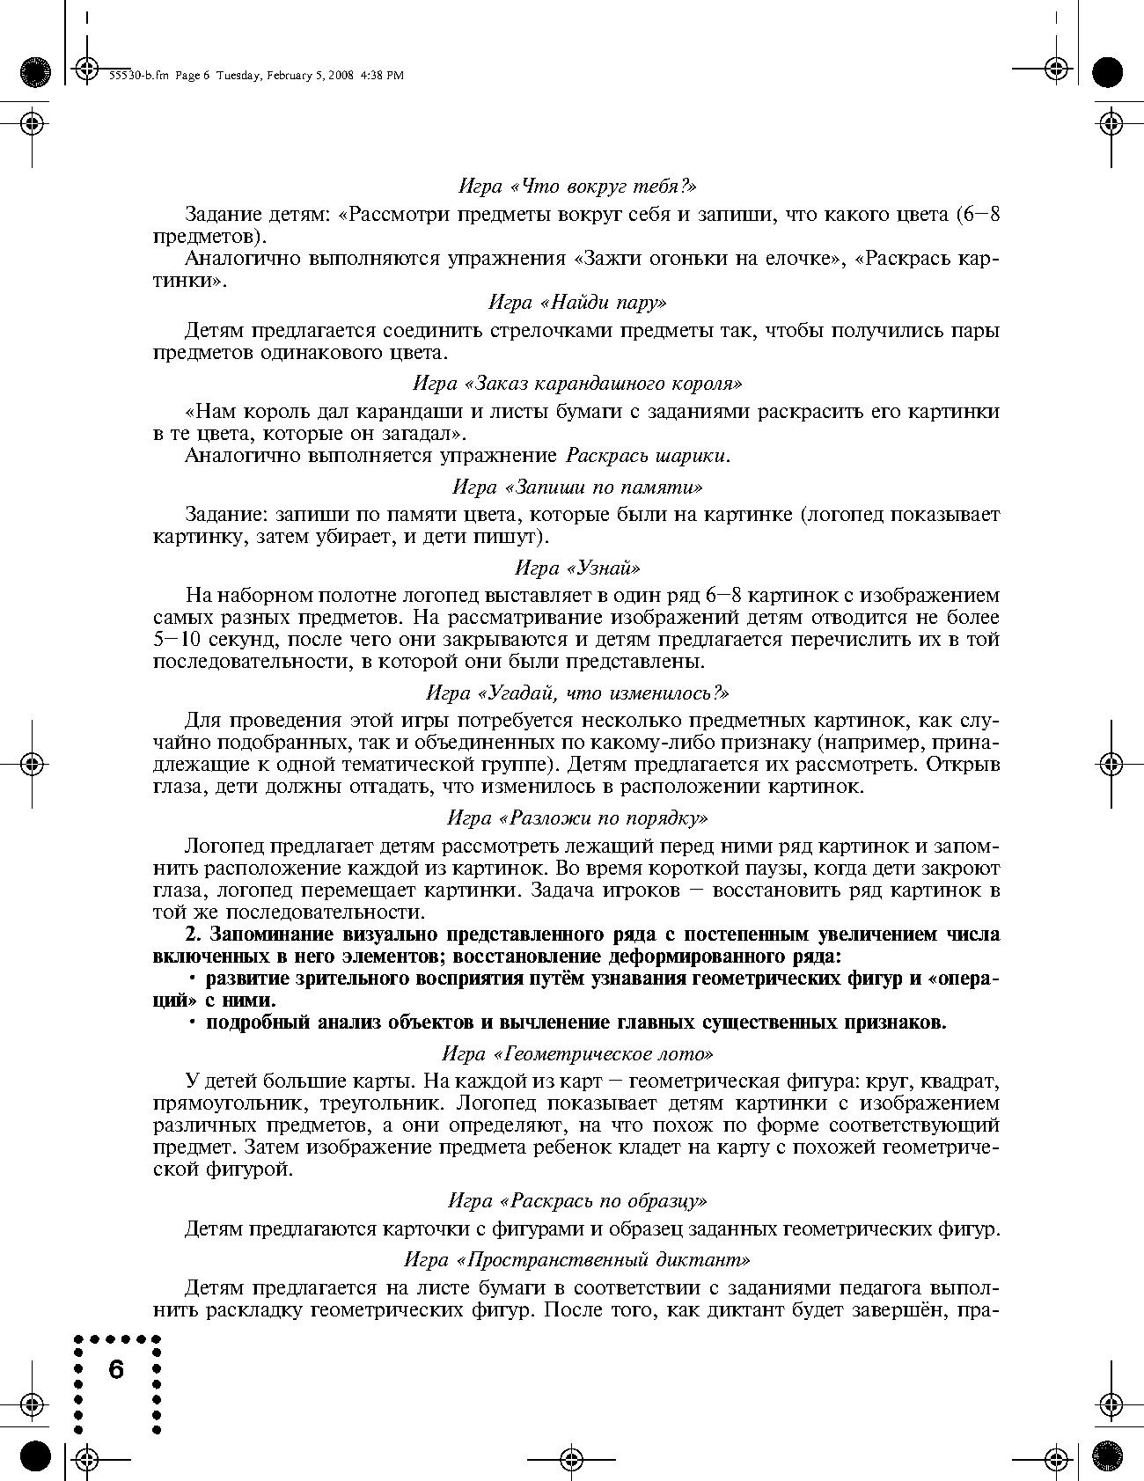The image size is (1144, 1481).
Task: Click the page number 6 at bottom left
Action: pos(117,1369)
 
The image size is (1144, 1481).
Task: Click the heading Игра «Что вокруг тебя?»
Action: pos(577,187)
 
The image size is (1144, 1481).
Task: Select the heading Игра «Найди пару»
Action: pos(577,303)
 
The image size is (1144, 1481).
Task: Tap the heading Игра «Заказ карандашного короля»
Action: pos(577,384)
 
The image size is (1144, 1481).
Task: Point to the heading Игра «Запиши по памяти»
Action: pos(577,487)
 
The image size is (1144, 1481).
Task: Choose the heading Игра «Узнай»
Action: pos(577,568)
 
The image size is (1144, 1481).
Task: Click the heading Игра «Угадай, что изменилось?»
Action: pos(577,693)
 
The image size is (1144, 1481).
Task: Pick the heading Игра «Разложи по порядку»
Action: pos(577,817)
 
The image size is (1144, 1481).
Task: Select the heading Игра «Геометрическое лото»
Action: pos(577,1052)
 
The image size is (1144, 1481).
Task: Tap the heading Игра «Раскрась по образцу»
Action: pos(577,1200)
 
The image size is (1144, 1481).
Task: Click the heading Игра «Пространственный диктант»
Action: pos(577,1259)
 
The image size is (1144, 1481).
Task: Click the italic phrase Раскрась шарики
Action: pos(648,456)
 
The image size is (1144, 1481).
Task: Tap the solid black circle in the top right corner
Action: pos(1108,72)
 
